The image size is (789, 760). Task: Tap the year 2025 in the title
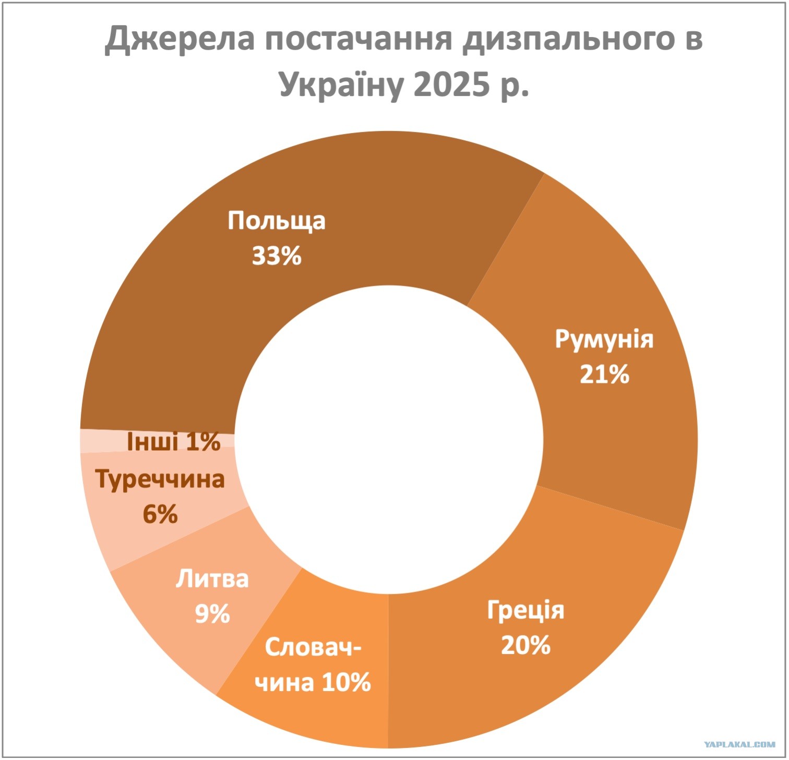(451, 85)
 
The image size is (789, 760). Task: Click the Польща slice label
(277, 221)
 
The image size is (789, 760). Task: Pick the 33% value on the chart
(277, 256)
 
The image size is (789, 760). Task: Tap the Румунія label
(604, 340)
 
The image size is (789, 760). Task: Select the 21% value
(604, 374)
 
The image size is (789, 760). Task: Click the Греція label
(525, 610)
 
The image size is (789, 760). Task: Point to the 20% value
(525, 645)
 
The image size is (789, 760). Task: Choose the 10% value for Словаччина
(345, 681)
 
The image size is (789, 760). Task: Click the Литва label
(212, 579)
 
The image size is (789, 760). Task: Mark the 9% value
(212, 614)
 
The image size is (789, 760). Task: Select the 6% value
(160, 514)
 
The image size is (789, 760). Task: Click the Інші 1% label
(174, 442)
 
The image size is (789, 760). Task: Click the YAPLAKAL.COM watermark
(739, 744)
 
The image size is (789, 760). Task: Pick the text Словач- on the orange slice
(313, 647)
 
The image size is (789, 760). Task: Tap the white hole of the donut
(389, 440)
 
